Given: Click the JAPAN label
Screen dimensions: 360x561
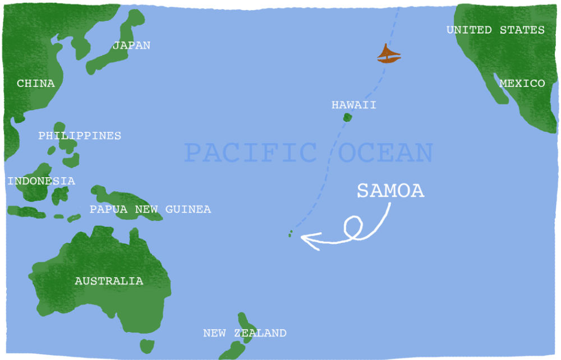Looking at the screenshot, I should pyautogui.click(x=131, y=45).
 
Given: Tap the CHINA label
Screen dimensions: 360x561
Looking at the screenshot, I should pyautogui.click(x=36, y=84).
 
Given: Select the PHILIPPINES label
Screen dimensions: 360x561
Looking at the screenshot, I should pyautogui.click(x=80, y=136).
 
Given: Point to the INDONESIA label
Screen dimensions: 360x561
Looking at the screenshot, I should pyautogui.click(x=41, y=181).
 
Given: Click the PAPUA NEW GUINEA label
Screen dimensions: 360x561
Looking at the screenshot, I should pyautogui.click(x=150, y=210).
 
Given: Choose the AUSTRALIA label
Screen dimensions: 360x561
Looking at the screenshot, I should pyautogui.click(x=109, y=281).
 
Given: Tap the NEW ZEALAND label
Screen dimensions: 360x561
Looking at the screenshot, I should pyautogui.click(x=245, y=333).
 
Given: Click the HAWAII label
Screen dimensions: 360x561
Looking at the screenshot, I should pyautogui.click(x=354, y=105).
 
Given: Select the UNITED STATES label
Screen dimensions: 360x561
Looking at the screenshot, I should pyautogui.click(x=495, y=30).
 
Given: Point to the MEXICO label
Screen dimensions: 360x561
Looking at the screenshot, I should pyautogui.click(x=522, y=84).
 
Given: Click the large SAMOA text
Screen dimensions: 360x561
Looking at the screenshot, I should pyautogui.click(x=390, y=191).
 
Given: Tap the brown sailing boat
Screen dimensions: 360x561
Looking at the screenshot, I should pyautogui.click(x=389, y=54).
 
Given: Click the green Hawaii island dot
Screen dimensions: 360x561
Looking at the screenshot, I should pyautogui.click(x=347, y=118).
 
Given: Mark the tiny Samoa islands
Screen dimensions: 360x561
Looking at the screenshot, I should pyautogui.click(x=291, y=233).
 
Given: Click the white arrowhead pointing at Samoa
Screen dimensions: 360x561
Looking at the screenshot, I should pyautogui.click(x=305, y=239).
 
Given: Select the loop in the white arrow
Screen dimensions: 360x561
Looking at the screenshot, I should pyautogui.click(x=353, y=227).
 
